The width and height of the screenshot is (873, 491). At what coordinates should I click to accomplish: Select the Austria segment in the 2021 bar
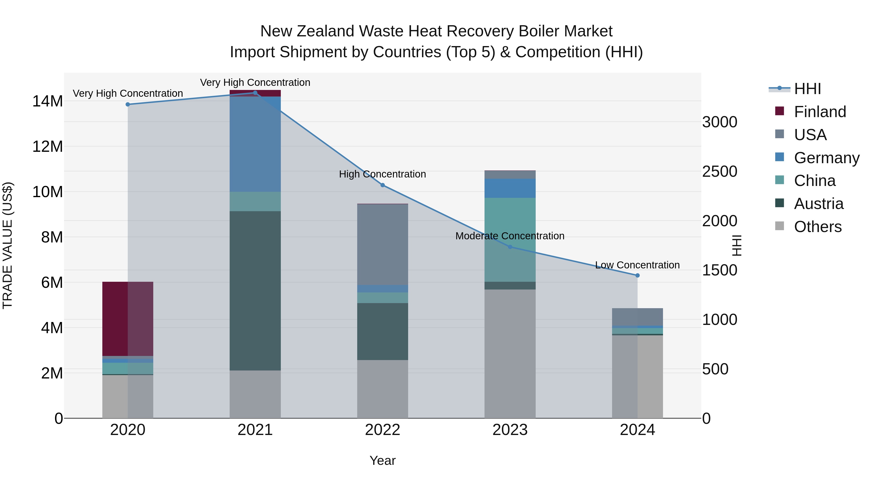255,290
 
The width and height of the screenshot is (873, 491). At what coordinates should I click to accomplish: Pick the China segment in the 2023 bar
510,239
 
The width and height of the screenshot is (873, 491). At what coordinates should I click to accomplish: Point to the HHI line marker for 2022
383,185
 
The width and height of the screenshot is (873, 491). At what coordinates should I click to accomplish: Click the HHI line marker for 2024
638,275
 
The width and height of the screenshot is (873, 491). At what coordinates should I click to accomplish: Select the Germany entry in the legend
827,158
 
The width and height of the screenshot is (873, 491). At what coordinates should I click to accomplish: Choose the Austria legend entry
818,204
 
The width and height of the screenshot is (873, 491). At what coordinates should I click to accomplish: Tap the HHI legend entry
807,89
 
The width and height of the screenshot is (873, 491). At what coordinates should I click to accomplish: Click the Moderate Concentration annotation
510,236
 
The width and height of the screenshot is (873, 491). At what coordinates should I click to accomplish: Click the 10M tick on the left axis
48,192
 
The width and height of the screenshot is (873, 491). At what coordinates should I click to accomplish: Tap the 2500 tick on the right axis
719,171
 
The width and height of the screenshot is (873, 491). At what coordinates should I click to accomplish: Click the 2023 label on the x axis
510,430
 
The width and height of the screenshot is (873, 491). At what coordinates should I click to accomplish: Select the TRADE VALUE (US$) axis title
8,245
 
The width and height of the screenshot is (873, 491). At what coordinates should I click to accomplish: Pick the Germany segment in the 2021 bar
255,144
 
